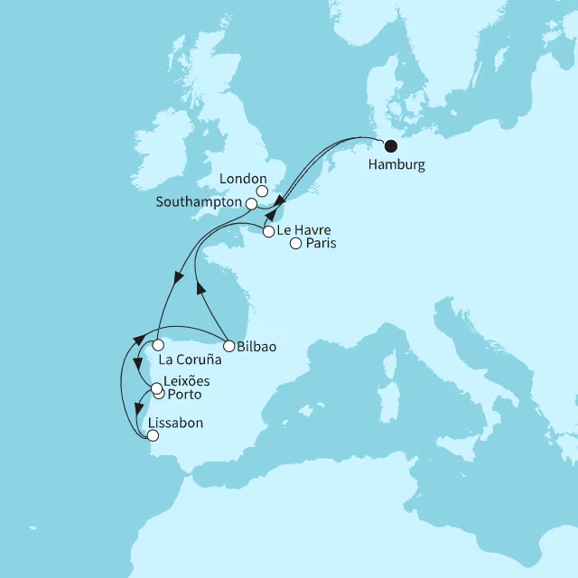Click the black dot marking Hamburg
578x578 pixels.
[x=390, y=146]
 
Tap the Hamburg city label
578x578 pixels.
[x=396, y=166]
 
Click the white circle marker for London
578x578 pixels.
[x=262, y=191]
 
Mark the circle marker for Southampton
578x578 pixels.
[x=252, y=204]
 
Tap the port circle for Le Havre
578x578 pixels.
[x=268, y=232]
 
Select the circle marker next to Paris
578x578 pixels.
[x=294, y=242]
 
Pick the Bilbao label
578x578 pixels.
[x=257, y=346]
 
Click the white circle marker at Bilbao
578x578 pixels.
[x=229, y=345]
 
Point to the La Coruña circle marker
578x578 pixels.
[x=158, y=345]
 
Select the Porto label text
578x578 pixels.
[x=185, y=396]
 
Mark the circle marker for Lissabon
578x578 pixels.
[x=153, y=435]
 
